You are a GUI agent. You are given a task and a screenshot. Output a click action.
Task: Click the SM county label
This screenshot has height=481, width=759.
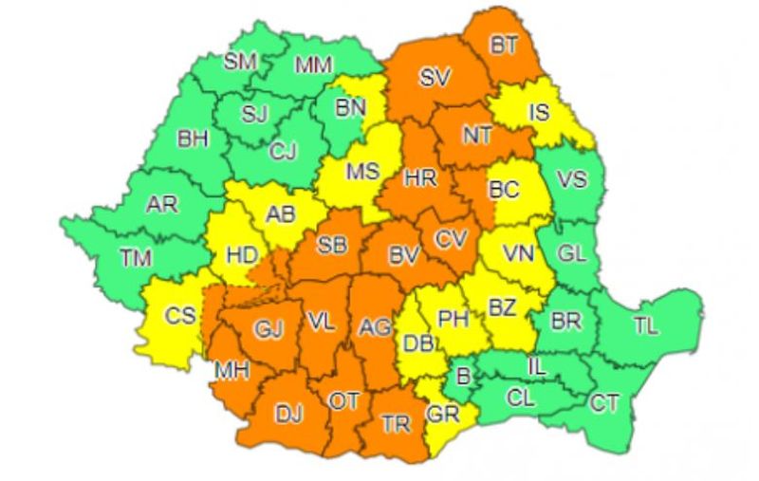click(240, 62)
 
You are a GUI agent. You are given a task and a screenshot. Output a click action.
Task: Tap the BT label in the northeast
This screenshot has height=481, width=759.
click(503, 45)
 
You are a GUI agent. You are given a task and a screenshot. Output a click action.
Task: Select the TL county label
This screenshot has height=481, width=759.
click(645, 326)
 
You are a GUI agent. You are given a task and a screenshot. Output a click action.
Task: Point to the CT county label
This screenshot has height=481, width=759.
click(604, 403)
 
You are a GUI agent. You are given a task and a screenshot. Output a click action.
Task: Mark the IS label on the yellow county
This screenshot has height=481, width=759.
click(539, 113)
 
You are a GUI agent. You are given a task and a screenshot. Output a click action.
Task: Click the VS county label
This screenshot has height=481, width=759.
click(571, 179)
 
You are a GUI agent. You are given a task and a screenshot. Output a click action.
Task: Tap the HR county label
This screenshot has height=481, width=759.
click(418, 177)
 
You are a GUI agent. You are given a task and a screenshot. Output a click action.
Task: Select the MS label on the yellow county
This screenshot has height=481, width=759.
click(361, 173)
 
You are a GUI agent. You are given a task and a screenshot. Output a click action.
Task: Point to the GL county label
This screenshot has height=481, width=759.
click(571, 253)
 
